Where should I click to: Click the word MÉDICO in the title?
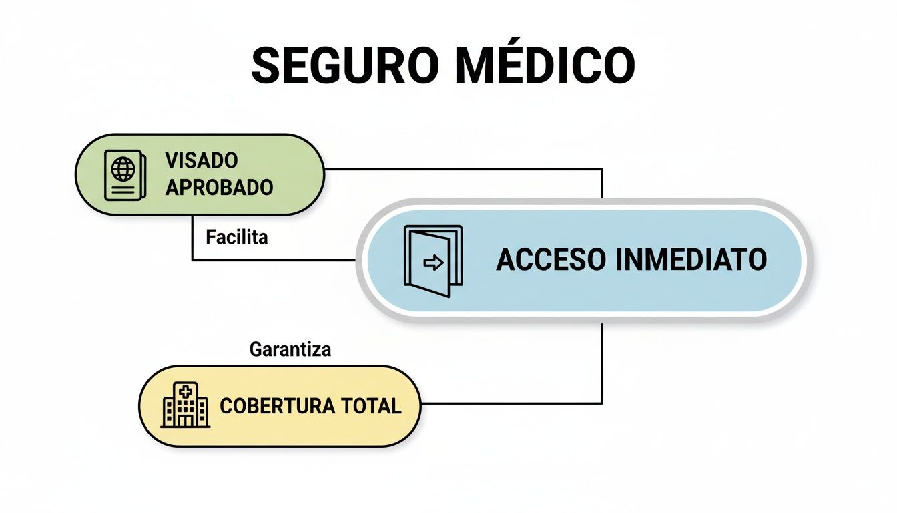point(542,65)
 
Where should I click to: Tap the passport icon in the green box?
point(125,174)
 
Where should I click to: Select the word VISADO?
point(201,161)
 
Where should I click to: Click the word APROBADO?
point(219,188)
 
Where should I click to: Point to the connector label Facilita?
point(236,237)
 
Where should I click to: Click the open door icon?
point(432,261)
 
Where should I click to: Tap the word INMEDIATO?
point(690,260)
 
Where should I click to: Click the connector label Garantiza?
point(290,349)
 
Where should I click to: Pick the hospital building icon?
point(186,405)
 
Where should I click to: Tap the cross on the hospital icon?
point(185,389)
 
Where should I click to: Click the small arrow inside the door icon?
point(434,263)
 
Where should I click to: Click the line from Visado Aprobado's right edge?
point(467,169)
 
